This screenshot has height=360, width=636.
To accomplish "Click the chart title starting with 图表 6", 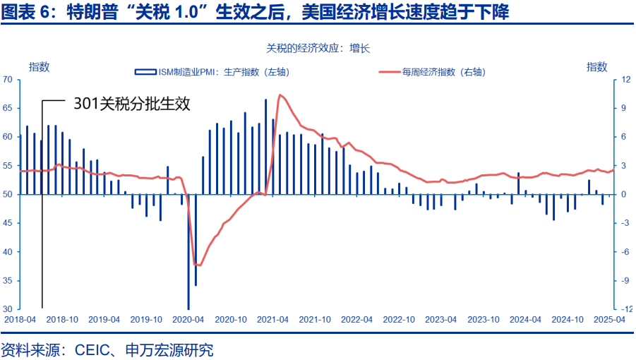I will (x=254, y=12).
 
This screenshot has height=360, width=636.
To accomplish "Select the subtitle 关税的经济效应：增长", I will (x=318, y=48).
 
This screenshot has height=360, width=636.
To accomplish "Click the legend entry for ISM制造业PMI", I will (x=212, y=72).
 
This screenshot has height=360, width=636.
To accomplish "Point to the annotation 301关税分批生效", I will (x=133, y=103).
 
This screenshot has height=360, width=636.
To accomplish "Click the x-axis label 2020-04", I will (x=188, y=320).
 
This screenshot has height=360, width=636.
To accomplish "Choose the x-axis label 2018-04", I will (x=20, y=320).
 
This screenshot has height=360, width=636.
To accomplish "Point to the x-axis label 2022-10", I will (x=400, y=320).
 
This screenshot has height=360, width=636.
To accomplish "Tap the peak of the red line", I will (x=280, y=95).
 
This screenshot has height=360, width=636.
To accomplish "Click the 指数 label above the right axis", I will (x=597, y=67).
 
